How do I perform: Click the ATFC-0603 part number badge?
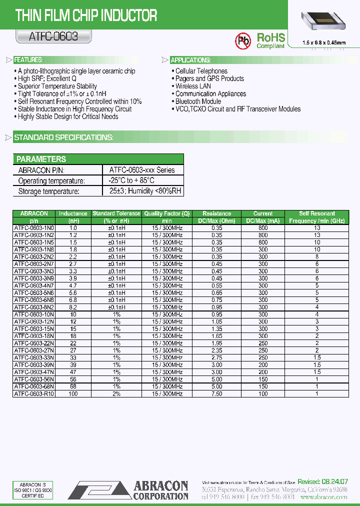pyautogui.click(x=47, y=36)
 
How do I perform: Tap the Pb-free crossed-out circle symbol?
pyautogui.click(x=243, y=40)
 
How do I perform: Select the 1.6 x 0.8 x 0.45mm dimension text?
pyautogui.click(x=324, y=43)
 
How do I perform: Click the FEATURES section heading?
pyautogui.click(x=28, y=60)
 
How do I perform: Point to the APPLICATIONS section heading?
pyautogui.click(x=190, y=60)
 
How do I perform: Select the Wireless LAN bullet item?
pyautogui.click(x=193, y=86)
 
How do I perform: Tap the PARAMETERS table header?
pyautogui.click(x=41, y=159)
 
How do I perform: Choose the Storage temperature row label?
pyautogui.click(x=48, y=191)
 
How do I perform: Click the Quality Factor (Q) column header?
pyautogui.click(x=167, y=213)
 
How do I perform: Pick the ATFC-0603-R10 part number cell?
pyautogui.click(x=34, y=394)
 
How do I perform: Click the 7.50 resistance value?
pyautogui.click(x=216, y=394)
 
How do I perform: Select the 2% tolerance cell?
pyautogui.click(x=116, y=394)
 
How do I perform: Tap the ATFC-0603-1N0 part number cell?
pyautogui.click(x=34, y=227)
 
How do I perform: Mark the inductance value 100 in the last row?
pyautogui.click(x=73, y=394)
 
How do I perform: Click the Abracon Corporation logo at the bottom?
pyautogui.click(x=128, y=489)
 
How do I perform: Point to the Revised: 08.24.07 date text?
pyautogui.click(x=323, y=481)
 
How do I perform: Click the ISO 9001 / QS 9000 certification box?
pyautogui.click(x=32, y=489)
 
